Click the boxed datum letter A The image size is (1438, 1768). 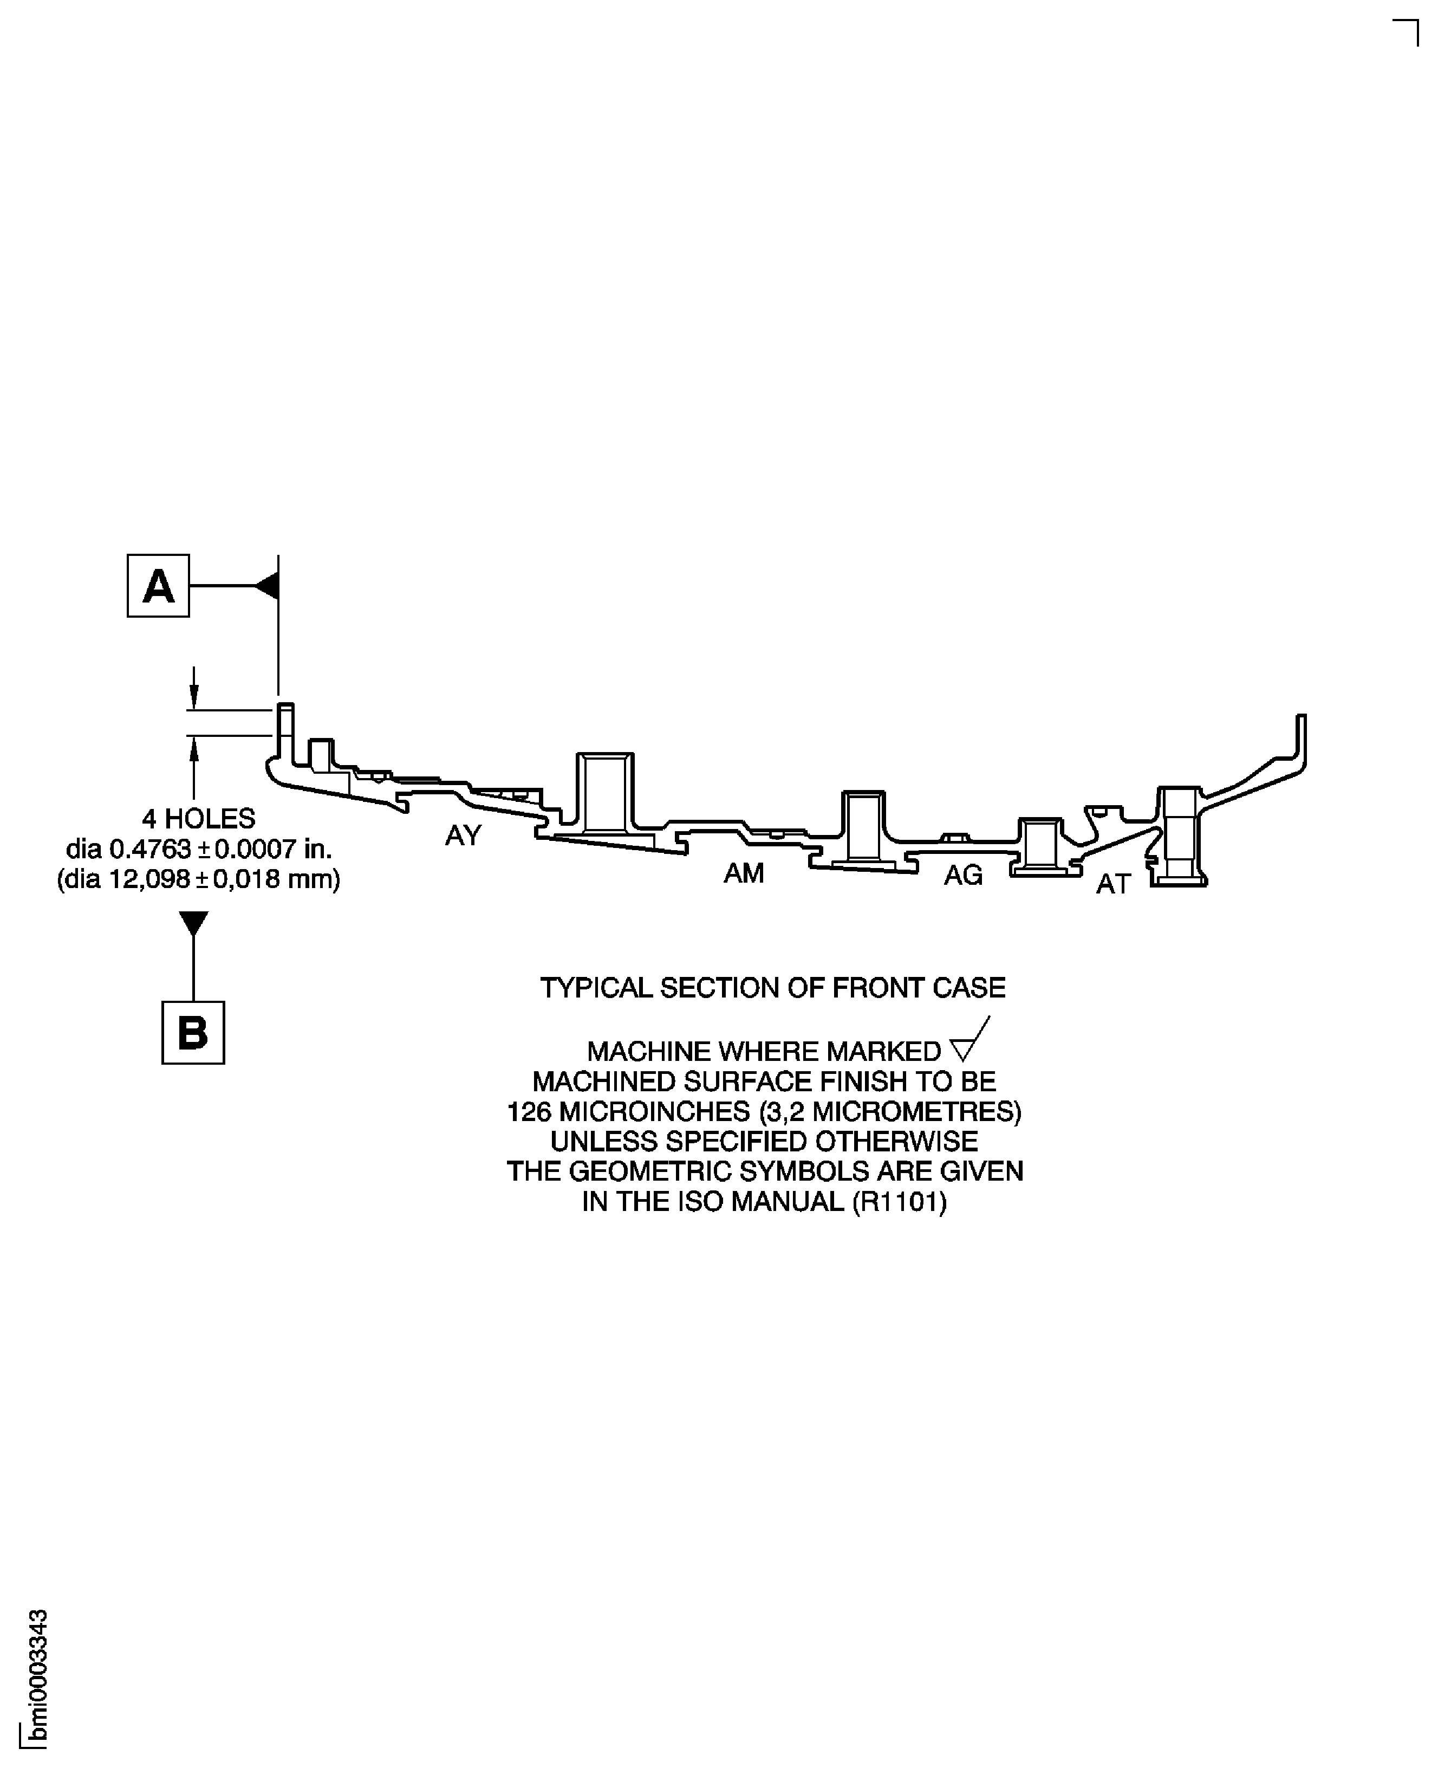[x=158, y=586]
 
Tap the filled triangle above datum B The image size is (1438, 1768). [x=193, y=923]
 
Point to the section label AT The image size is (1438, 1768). [x=1112, y=885]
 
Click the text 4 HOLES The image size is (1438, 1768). [x=199, y=819]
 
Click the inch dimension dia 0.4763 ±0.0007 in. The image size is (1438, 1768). [x=199, y=849]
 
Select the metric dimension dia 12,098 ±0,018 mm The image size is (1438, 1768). [x=199, y=879]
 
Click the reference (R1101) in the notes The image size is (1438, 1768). [x=900, y=1201]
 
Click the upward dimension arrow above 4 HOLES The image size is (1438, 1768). [x=194, y=750]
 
